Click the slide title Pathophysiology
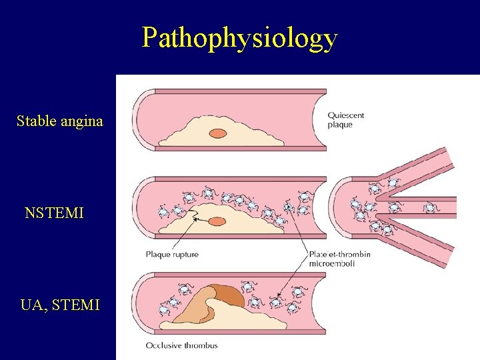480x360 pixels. (239, 38)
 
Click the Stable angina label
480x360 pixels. (60, 121)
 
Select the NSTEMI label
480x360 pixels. (54, 213)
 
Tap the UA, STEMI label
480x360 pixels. (60, 305)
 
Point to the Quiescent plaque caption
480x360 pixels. (345, 120)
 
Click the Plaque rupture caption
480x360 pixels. (172, 255)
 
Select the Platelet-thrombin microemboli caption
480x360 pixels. (339, 259)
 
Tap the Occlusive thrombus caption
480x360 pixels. (181, 345)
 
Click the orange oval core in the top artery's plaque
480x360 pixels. (218, 133)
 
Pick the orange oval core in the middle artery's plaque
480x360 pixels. (217, 223)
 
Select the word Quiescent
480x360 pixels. (345, 116)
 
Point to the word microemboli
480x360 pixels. (332, 263)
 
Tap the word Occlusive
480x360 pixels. (163, 345)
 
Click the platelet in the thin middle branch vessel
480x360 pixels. (430, 208)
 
